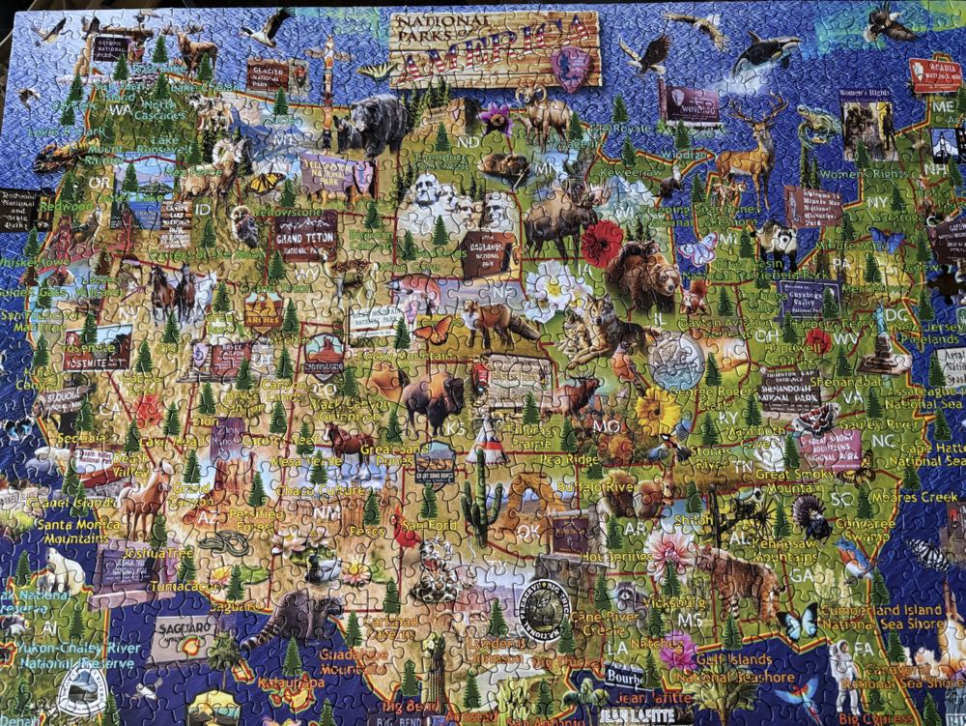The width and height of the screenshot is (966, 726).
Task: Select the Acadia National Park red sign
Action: click(934, 75)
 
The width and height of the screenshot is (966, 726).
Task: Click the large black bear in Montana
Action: click(374, 124)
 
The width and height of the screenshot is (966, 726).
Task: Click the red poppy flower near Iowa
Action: click(601, 244)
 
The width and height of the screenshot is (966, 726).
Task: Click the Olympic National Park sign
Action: click(110, 44)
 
